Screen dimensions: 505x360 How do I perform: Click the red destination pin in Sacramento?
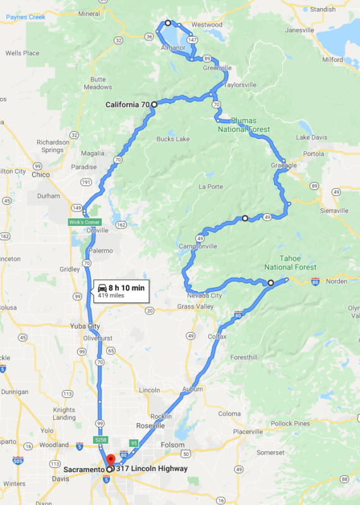[110, 460]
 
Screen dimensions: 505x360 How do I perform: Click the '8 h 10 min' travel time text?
[126, 288]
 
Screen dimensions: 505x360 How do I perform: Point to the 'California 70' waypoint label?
[127, 104]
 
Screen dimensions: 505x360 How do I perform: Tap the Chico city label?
[40, 174]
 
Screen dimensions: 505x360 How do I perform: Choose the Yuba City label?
[85, 326]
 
